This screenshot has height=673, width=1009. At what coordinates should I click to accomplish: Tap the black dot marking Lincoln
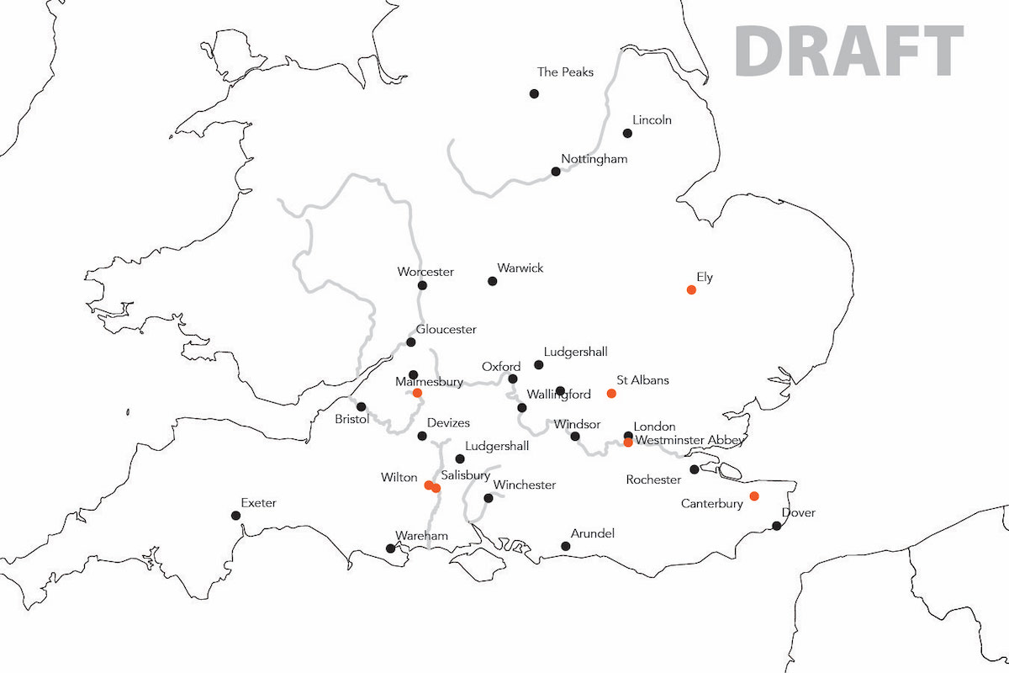(x=627, y=133)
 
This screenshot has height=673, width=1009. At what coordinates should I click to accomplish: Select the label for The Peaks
(x=565, y=72)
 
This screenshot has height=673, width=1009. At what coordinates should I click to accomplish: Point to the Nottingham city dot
(x=556, y=172)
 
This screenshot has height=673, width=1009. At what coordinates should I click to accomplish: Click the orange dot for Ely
(x=691, y=289)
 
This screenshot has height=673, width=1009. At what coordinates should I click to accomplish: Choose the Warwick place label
(x=520, y=268)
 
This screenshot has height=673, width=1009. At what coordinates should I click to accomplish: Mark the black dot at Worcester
(x=422, y=285)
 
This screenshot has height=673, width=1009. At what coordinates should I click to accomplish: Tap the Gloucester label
(x=446, y=330)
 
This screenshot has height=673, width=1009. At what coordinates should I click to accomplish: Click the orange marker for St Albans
(x=611, y=393)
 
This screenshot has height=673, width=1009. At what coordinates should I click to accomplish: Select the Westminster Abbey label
(x=689, y=440)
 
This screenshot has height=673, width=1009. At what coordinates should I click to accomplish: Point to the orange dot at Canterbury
(x=754, y=495)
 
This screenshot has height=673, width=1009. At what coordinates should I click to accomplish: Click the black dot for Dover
(x=777, y=526)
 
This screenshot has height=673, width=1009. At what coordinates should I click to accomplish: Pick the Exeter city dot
(x=235, y=516)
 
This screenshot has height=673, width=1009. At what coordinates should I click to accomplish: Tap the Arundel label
(x=593, y=534)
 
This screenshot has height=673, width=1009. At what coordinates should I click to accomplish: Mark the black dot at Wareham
(x=390, y=548)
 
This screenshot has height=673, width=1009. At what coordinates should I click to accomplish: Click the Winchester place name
(x=525, y=485)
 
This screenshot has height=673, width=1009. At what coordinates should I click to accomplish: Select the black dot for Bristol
(x=362, y=406)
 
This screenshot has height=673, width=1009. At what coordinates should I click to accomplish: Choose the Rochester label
(x=653, y=480)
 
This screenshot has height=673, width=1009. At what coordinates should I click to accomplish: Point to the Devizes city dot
(x=422, y=436)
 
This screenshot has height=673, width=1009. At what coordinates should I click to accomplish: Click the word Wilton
(x=399, y=478)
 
